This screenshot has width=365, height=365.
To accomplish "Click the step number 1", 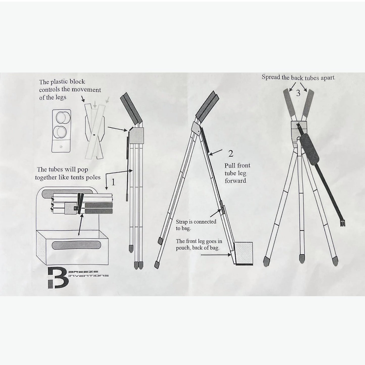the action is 113,182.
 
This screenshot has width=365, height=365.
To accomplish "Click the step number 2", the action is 231,153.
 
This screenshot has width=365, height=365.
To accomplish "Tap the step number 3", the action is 298,93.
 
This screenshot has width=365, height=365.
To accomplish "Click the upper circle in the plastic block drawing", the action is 63,118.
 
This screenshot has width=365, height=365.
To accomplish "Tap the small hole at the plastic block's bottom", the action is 61,147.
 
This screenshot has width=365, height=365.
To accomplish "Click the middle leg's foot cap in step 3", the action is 302,259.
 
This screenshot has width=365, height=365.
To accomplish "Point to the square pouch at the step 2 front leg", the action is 244,253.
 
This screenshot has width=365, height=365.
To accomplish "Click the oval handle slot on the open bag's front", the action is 76,245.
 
